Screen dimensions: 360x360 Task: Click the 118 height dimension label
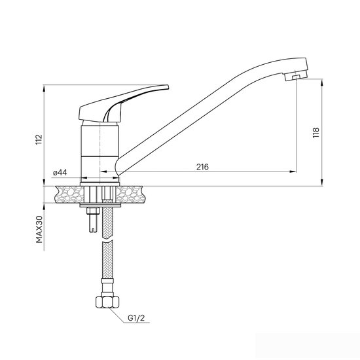[316, 133]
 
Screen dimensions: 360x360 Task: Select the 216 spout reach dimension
[202, 167]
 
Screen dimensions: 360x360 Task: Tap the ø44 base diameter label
[60, 172]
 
